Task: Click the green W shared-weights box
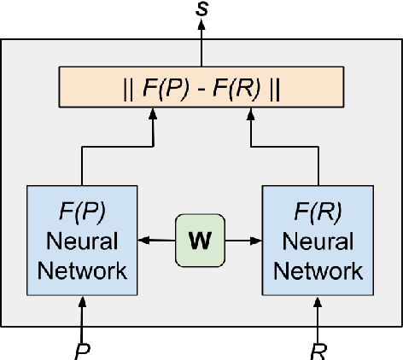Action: click(198, 241)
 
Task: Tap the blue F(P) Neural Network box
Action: click(82, 241)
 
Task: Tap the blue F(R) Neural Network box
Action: click(318, 241)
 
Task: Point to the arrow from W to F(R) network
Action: click(242, 241)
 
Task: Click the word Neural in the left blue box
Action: click(82, 241)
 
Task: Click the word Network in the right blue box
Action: click(318, 271)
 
